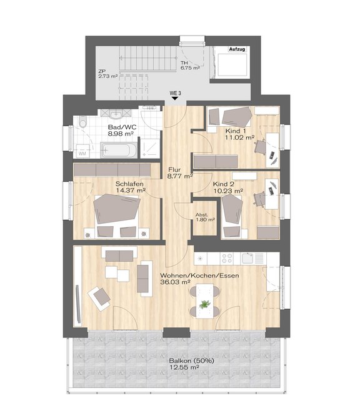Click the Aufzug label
click(237, 49)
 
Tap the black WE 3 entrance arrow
click(174, 99)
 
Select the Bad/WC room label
click(122, 127)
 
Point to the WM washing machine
click(82, 151)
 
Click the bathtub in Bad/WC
click(119, 150)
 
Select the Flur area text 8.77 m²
click(180, 176)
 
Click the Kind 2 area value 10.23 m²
click(228, 191)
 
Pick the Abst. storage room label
click(202, 215)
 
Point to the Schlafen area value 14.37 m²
click(131, 191)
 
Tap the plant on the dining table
click(205, 304)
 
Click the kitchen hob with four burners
click(227, 259)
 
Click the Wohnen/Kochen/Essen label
click(199, 275)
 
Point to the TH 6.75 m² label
click(190, 65)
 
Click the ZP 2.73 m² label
click(107, 74)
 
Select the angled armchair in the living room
click(99, 299)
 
